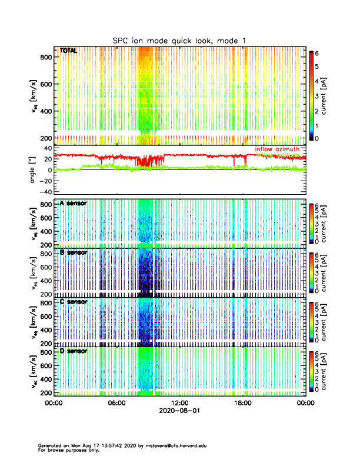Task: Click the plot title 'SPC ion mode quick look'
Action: tap(180, 40)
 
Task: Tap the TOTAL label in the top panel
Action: tap(68, 51)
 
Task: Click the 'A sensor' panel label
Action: tap(73, 203)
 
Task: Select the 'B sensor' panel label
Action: tap(73, 252)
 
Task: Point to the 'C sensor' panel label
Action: tap(73, 301)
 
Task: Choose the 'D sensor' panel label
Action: tap(73, 351)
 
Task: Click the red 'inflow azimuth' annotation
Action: tap(279, 149)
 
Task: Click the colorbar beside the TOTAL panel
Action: tap(312, 94)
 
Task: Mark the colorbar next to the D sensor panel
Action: tap(312, 370)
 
